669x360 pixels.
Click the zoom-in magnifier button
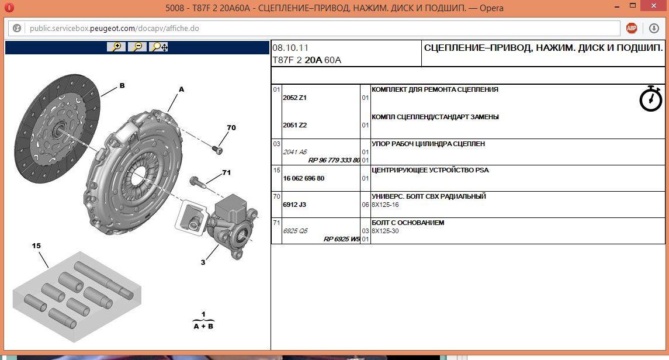tap(116, 47)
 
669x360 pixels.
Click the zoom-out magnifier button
tap(137, 47)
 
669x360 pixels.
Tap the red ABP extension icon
tap(632, 28)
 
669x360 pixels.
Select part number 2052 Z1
tap(295, 98)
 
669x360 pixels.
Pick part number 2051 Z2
tap(295, 125)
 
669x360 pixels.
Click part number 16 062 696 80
tap(304, 178)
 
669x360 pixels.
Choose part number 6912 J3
tap(294, 205)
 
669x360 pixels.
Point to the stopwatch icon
tap(651, 99)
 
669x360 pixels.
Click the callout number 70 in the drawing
tap(231, 127)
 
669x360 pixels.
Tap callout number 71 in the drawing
tap(227, 172)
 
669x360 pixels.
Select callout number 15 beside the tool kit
tap(36, 245)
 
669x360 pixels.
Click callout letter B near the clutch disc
tap(122, 85)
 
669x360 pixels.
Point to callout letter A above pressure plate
tap(181, 89)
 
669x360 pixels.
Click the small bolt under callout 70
tap(217, 149)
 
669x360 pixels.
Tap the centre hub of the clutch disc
tap(58, 129)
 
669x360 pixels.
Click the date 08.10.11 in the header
tap(290, 48)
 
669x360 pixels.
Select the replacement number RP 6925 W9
tap(342, 239)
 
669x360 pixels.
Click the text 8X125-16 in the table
tap(385, 205)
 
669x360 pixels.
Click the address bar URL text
tap(115, 28)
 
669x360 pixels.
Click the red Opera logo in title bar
tap(9, 8)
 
